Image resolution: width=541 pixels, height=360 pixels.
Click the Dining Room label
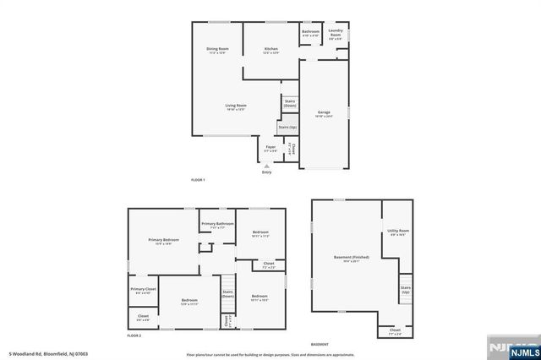click(x=217, y=50)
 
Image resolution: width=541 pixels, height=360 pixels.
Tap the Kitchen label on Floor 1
click(x=270, y=50)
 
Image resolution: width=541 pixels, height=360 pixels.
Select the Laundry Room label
click(x=336, y=35)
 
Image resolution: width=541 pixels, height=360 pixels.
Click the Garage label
click(x=324, y=112)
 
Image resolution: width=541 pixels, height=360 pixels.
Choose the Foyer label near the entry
click(x=270, y=148)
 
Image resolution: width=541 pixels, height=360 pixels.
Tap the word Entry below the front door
click(x=266, y=172)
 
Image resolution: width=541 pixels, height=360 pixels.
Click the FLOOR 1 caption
click(x=198, y=180)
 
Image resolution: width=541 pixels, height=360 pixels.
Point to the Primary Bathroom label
click(x=217, y=224)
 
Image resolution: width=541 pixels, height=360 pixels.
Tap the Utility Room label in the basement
click(x=398, y=232)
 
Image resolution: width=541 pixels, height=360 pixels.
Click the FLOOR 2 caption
click(x=134, y=335)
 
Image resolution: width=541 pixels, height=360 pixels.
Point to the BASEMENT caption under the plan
click(x=320, y=344)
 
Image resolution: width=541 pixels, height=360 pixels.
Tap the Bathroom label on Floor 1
click(x=310, y=32)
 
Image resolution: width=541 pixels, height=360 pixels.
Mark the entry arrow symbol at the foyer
click(x=267, y=165)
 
